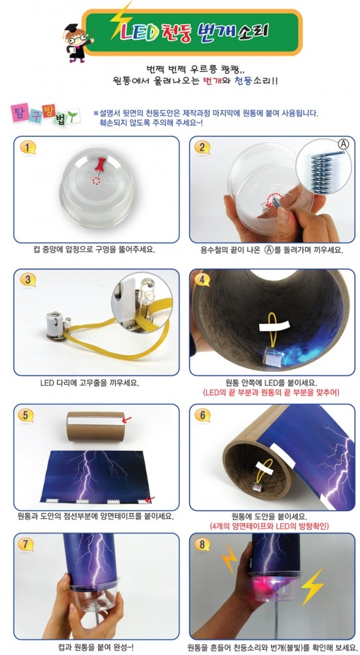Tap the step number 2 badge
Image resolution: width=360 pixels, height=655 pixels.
(x=202, y=147)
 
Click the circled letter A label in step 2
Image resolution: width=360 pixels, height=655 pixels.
(x=342, y=145)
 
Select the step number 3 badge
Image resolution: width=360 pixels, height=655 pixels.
(x=28, y=280)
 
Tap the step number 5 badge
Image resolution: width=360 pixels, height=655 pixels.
(x=26, y=416)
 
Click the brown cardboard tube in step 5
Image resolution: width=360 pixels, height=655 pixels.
(x=96, y=426)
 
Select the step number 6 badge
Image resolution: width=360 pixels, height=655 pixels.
(x=202, y=415)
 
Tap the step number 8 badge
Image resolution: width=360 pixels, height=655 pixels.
(x=202, y=544)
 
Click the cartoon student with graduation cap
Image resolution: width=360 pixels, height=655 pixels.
(x=77, y=42)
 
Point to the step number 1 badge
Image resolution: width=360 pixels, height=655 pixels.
(x=28, y=147)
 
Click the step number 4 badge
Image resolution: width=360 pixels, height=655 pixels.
(x=202, y=280)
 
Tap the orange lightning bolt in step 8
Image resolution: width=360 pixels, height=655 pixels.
(x=228, y=558)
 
